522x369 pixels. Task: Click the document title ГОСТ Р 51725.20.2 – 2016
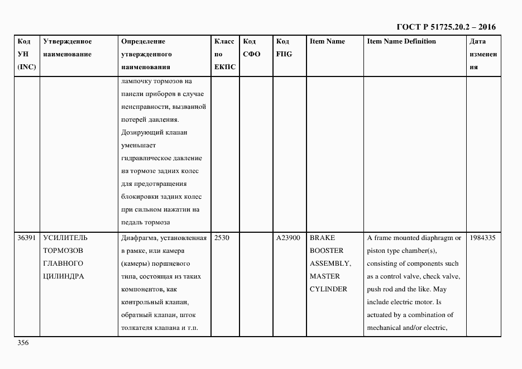click(x=446, y=27)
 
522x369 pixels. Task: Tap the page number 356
click(x=23, y=343)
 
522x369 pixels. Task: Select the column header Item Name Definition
click(x=401, y=41)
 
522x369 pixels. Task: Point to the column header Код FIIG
click(x=284, y=47)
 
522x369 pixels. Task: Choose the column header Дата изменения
click(x=483, y=54)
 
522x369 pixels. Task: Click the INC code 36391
click(x=27, y=238)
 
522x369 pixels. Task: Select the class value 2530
click(x=222, y=238)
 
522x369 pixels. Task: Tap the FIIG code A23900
click(x=288, y=238)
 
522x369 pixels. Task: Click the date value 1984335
click(x=482, y=238)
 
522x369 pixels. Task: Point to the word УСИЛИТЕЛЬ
click(x=65, y=238)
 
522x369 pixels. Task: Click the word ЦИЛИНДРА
click(x=64, y=276)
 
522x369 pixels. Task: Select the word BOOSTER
click(x=327, y=251)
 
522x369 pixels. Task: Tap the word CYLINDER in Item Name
click(x=328, y=289)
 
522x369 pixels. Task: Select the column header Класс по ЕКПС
click(x=224, y=54)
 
